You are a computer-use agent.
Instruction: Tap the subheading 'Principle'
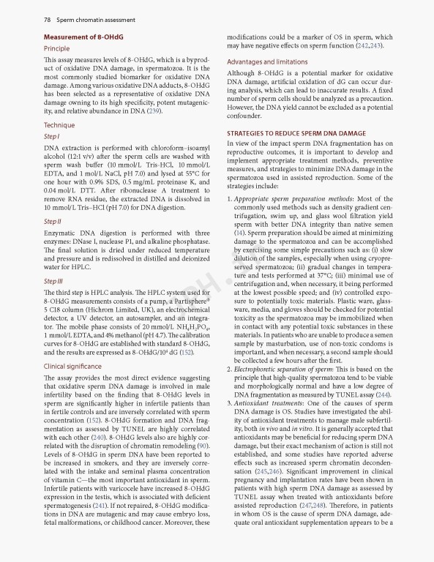click(57, 48)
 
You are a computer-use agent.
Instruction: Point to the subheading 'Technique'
click(59, 125)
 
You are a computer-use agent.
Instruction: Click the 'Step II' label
click(53, 221)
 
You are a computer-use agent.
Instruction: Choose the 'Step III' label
click(53, 280)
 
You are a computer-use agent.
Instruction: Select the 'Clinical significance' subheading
click(73, 365)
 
